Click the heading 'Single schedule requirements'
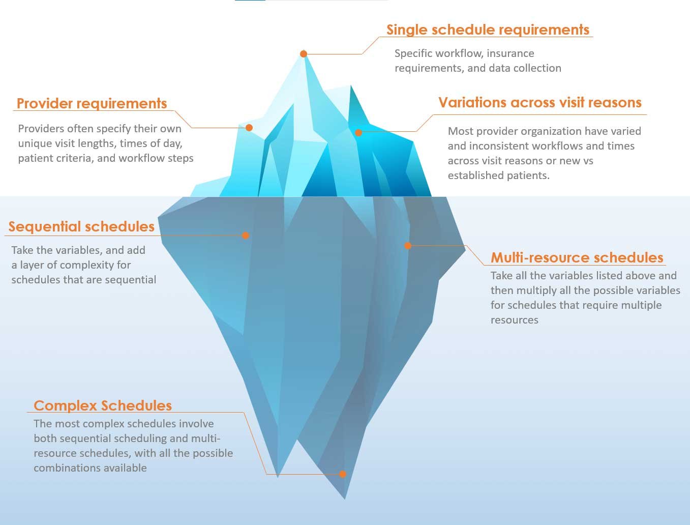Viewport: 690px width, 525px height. [488, 30]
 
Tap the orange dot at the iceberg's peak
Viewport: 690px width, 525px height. [304, 54]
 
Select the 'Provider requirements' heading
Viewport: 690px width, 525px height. [92, 103]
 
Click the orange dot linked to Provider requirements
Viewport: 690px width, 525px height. [249, 128]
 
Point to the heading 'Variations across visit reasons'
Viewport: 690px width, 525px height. [540, 102]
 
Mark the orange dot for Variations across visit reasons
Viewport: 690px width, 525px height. [358, 133]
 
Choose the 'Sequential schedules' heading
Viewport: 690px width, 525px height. [81, 227]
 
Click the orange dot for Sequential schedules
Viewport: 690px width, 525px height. [246, 235]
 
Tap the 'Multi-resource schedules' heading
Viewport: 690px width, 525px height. [577, 257]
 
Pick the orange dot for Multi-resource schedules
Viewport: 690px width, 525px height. [408, 246]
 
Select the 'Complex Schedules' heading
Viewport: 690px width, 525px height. [103, 405]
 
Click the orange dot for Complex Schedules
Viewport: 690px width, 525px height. [343, 474]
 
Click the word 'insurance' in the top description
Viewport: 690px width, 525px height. [511, 53]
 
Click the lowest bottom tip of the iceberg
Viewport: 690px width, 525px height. [345, 499]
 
